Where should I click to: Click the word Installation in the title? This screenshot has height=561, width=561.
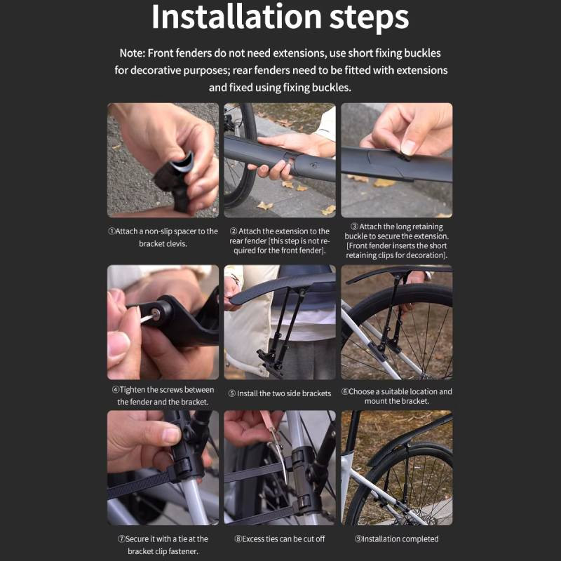coord(236,17)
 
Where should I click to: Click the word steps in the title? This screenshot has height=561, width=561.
coord(369,19)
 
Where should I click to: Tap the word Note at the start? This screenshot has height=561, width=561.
coord(132,53)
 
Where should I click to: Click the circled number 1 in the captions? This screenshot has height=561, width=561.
coord(111,231)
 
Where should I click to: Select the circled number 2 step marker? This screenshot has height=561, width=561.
coord(234,231)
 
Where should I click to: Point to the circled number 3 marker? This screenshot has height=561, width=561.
coord(354,227)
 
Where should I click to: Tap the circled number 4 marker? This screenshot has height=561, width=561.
coord(115,389)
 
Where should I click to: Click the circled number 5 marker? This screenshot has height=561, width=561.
coord(232,393)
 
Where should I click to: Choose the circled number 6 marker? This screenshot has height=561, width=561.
coord(345,391)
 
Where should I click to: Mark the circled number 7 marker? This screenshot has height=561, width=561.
coord(121,539)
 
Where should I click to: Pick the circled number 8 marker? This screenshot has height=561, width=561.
coord(238,539)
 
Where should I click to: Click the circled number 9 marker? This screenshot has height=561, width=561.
coord(358,539)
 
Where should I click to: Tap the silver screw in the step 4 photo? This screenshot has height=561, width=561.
coord(156,314)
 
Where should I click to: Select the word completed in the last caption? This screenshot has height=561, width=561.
coord(419,539)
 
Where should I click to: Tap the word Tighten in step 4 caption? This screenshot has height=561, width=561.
coord(133,390)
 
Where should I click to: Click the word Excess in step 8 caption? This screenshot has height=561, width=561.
coord(254,539)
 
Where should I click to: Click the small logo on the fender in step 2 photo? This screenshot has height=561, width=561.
coord(313,165)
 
